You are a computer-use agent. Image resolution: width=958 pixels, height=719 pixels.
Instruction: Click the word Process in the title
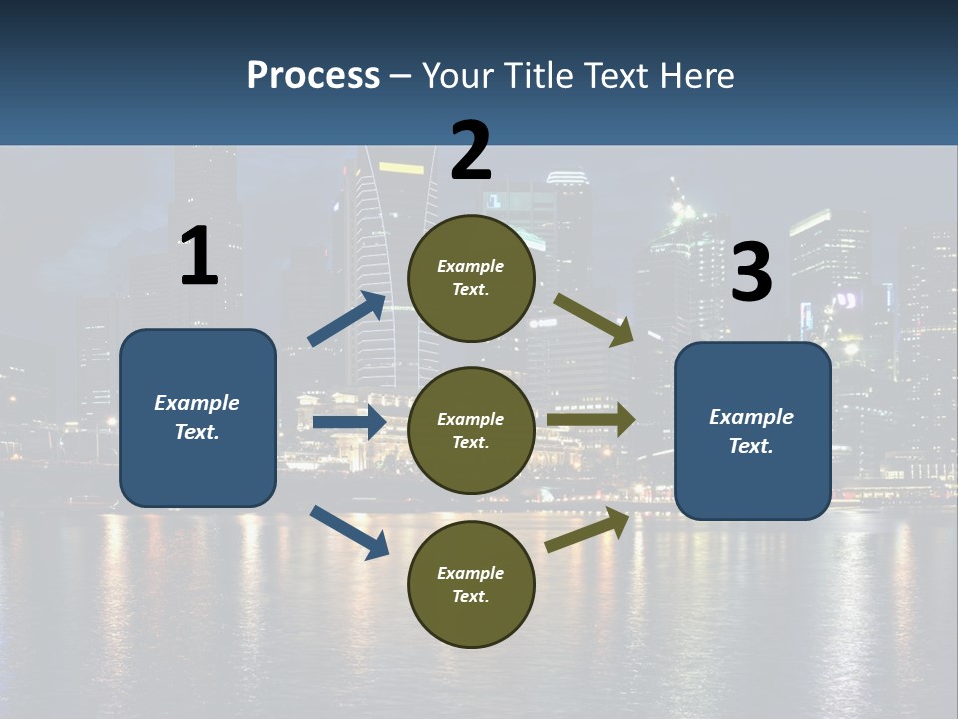click(313, 76)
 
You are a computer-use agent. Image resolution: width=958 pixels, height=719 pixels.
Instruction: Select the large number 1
click(199, 257)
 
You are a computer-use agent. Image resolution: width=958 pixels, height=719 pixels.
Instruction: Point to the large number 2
click(471, 150)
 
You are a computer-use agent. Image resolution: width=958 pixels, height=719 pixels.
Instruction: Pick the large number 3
click(751, 273)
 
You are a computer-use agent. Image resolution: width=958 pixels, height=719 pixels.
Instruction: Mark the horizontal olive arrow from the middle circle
click(591, 420)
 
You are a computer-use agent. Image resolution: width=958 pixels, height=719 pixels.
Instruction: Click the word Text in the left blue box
click(196, 432)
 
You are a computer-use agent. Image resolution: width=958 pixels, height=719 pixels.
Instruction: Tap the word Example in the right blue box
click(751, 417)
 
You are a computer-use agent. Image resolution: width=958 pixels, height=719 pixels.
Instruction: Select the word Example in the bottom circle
click(471, 573)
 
